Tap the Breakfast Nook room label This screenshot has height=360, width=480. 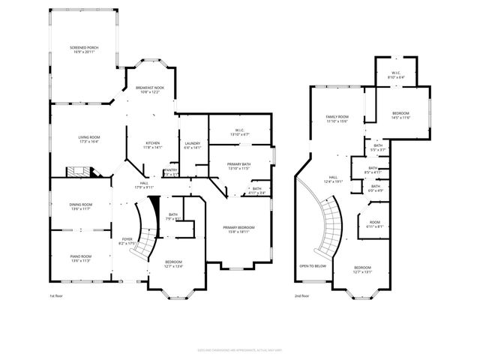point(150,88)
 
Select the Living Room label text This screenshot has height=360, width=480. point(90,137)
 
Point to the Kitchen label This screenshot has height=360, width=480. point(153,144)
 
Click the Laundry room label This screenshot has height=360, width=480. point(193,144)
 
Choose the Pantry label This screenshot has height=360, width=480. point(171,171)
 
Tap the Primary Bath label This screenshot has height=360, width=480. point(240,164)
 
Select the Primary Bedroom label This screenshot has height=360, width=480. point(238,227)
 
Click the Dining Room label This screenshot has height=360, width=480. point(81,205)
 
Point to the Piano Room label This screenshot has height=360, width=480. point(81,258)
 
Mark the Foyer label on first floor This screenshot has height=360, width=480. point(127,240)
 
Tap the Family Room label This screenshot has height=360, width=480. point(337,117)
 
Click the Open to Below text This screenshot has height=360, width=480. point(312,265)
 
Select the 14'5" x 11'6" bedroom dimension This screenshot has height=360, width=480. point(400,118)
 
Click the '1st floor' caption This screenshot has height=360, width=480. point(56,295)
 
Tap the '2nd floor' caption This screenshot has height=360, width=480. point(302,295)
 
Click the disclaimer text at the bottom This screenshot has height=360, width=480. point(240,349)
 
